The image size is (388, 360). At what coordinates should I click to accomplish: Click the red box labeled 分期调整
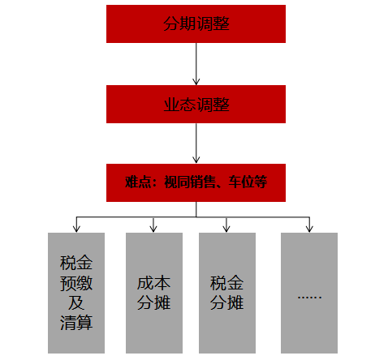196,24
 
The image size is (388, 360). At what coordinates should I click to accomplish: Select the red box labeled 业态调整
196,104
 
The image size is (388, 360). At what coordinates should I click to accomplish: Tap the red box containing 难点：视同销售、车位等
196,182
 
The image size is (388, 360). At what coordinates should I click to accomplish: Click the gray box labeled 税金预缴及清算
76,293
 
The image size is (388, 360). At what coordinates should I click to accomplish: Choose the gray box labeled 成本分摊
154,293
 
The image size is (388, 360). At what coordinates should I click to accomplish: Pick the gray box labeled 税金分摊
227,293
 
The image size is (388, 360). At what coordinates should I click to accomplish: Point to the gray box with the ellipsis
309,293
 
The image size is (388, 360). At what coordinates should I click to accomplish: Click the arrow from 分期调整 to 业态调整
196,64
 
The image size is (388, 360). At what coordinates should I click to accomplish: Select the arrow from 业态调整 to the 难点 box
196,144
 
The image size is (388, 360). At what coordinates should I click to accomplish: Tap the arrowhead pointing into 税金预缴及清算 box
76,229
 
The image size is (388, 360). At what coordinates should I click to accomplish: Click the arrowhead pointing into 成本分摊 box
153,229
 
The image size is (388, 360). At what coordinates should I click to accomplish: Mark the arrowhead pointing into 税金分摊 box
226,229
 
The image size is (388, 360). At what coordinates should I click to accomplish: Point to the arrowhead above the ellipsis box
309,229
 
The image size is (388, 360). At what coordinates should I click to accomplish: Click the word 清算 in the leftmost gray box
76,323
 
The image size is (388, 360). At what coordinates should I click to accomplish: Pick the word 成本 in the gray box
153,283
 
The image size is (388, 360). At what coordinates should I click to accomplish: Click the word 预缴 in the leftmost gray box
76,283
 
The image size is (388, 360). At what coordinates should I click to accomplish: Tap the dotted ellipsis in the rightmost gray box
309,298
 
